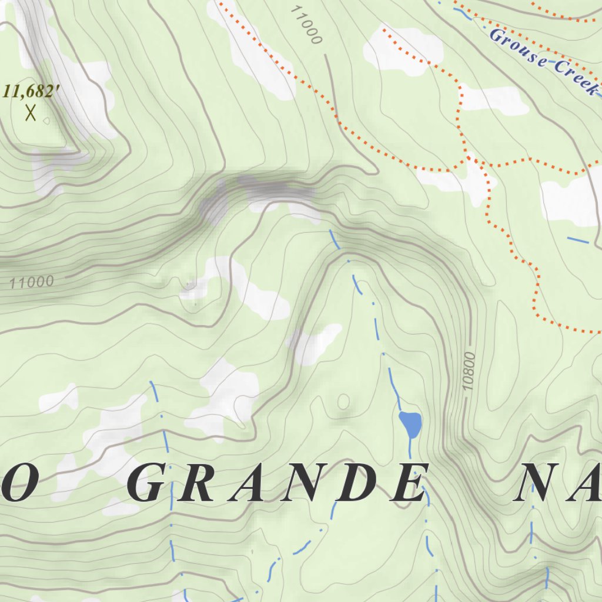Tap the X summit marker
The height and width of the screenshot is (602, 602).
point(31,112)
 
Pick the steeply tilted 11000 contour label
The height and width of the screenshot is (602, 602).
point(306,25)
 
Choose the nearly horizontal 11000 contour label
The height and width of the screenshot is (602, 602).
point(31,282)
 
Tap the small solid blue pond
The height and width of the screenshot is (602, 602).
point(410,424)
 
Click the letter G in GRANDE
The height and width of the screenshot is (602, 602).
point(145,483)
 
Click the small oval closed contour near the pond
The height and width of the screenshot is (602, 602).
point(343,402)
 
